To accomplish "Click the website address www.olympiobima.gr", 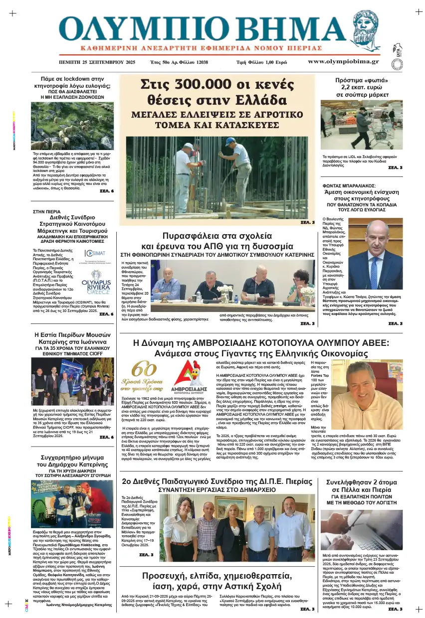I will click(x=343, y=62).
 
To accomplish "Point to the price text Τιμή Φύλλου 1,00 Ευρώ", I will click(x=261, y=63).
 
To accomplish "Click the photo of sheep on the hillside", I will click(x=72, y=125).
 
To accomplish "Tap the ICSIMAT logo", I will click(x=95, y=254).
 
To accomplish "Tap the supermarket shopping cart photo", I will click(x=361, y=125).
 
